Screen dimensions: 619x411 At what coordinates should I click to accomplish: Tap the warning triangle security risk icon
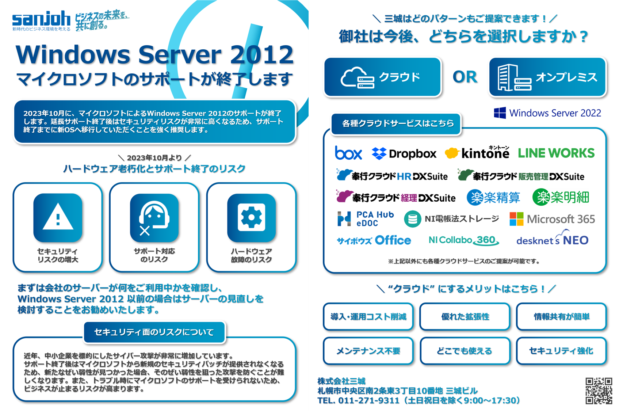click(58, 217)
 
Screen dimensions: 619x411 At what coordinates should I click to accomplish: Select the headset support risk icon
click(154, 217)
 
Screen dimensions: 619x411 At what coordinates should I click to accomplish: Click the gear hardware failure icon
click(252, 217)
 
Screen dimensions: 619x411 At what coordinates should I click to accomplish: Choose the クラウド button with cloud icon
click(382, 77)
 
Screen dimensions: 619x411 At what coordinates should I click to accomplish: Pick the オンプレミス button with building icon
click(547, 77)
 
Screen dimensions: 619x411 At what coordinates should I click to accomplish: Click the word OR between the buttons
click(465, 77)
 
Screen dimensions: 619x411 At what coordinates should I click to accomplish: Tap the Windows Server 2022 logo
click(547, 113)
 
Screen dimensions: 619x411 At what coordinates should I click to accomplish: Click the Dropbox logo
click(404, 154)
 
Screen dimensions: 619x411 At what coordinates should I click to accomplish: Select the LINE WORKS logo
click(556, 153)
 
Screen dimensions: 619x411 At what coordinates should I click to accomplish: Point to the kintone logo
click(477, 153)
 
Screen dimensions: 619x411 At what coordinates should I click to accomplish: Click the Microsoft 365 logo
click(552, 219)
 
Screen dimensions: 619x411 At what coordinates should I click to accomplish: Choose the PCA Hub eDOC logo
click(366, 219)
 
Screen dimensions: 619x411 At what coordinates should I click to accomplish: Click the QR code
click(599, 391)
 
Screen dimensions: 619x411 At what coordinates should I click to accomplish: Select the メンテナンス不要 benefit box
click(368, 351)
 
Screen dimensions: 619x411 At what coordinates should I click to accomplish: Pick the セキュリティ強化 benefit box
click(561, 351)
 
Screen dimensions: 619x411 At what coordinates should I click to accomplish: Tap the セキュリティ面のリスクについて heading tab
click(154, 332)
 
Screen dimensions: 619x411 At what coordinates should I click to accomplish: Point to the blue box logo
click(348, 153)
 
